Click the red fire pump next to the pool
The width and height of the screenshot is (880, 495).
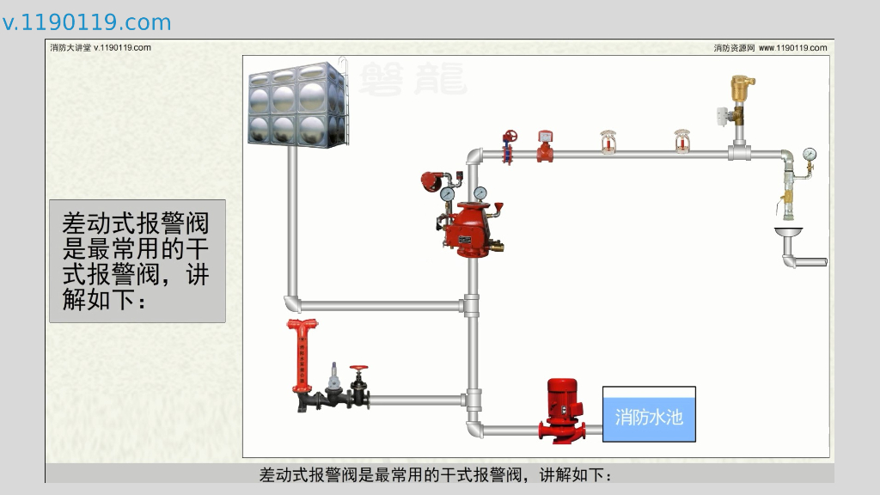(563, 410)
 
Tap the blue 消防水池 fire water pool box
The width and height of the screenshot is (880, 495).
(649, 415)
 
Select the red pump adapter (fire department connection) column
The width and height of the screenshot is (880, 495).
(303, 357)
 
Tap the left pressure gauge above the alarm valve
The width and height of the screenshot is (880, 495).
(447, 194)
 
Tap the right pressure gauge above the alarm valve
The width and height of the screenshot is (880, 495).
(480, 193)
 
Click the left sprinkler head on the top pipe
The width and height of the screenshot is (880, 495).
(608, 143)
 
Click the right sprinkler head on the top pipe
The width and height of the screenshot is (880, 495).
(682, 143)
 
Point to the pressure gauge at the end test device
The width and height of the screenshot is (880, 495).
(810, 156)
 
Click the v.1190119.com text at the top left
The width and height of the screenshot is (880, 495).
(87, 22)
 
